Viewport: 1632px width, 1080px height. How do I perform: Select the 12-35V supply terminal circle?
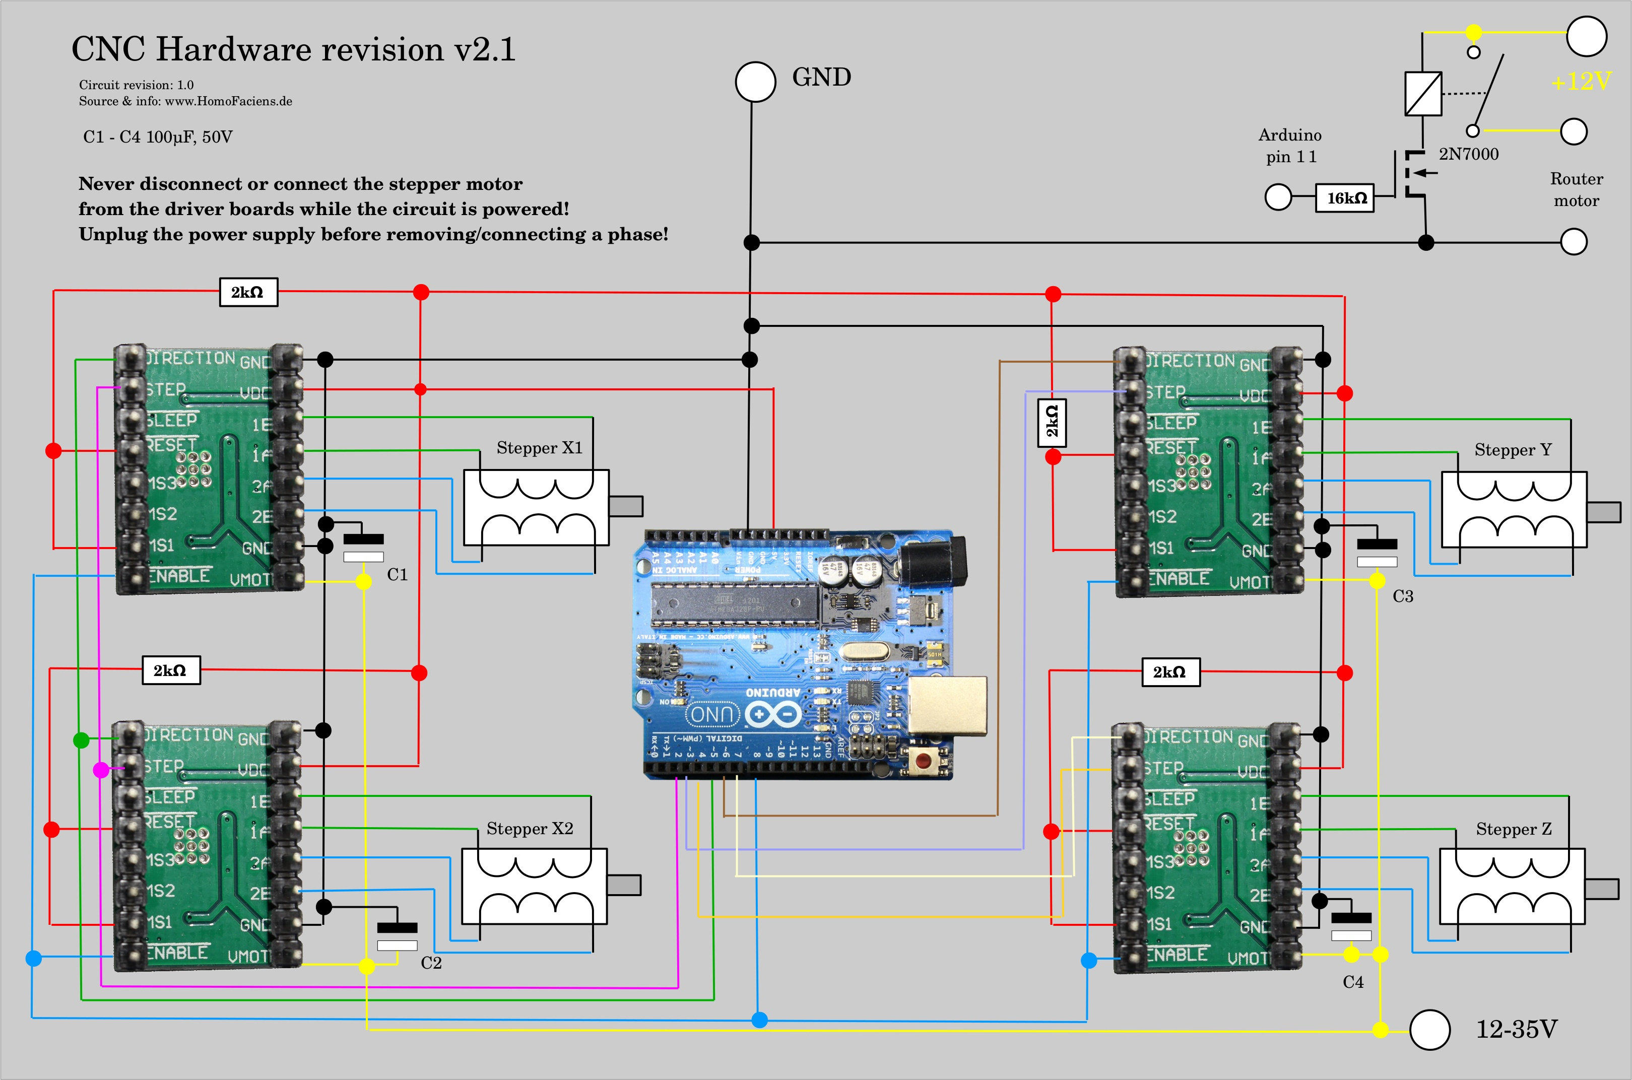click(x=1429, y=1030)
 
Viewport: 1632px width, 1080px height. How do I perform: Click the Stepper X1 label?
click(x=540, y=448)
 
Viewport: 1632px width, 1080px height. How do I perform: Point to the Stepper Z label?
click(x=1514, y=829)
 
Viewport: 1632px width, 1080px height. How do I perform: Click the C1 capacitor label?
click(x=398, y=574)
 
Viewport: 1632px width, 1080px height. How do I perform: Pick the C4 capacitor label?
click(x=1353, y=981)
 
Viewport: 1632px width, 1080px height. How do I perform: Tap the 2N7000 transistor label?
click(x=1468, y=154)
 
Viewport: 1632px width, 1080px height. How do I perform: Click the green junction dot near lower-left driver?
click(x=81, y=740)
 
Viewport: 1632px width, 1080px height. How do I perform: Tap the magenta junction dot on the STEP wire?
click(x=101, y=769)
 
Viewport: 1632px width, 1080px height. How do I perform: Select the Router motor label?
click(x=1576, y=189)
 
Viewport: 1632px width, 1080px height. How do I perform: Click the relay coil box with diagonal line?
click(x=1422, y=93)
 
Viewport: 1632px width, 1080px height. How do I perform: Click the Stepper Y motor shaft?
click(x=1604, y=512)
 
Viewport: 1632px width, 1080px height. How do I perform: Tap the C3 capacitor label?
click(x=1403, y=596)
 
